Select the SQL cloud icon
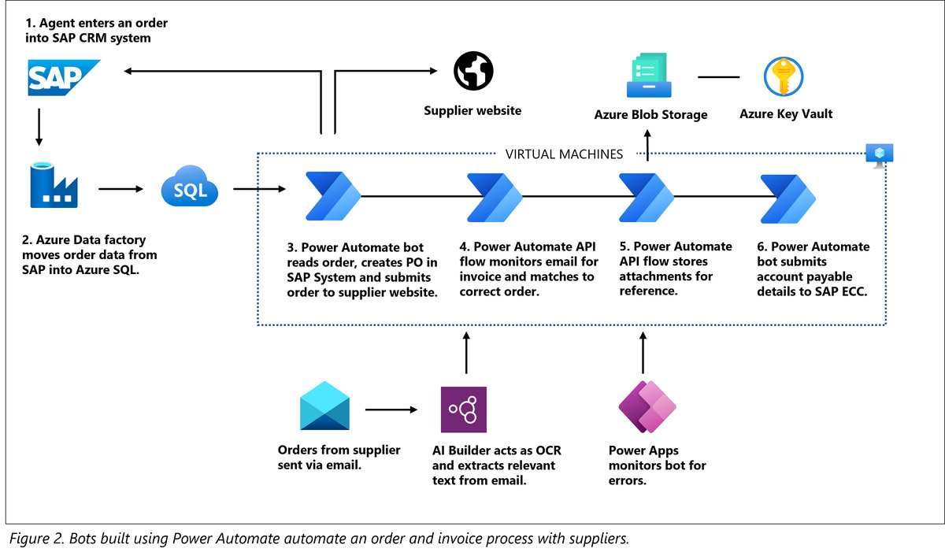tap(188, 189)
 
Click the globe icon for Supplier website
tap(473, 71)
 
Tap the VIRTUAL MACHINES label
tap(563, 154)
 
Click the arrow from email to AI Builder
tap(391, 410)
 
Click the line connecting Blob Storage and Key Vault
tap(718, 77)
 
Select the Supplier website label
tap(472, 111)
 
